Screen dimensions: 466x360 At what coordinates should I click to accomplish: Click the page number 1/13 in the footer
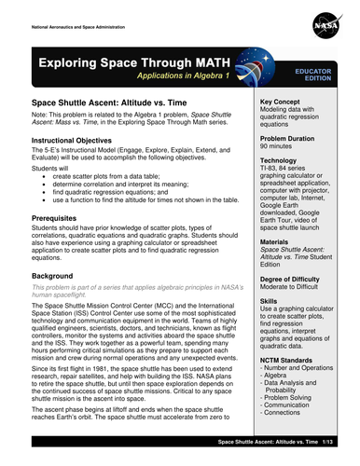point(337,459)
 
